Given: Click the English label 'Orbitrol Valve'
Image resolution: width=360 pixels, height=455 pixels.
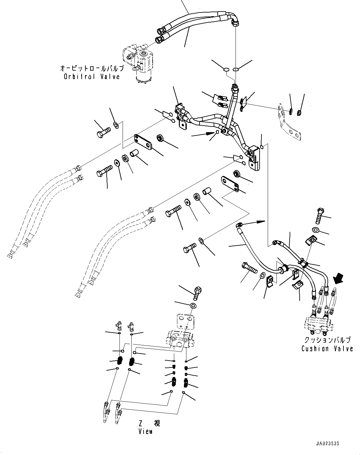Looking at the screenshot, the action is pyautogui.click(x=92, y=76).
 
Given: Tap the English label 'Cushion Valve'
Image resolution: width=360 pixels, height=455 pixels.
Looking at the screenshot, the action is pyautogui.click(x=327, y=348).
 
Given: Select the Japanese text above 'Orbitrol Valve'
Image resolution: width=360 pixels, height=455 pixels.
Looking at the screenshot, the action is pyautogui.click(x=92, y=68).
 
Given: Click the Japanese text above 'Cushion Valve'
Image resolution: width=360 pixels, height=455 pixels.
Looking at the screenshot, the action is pyautogui.click(x=327, y=340).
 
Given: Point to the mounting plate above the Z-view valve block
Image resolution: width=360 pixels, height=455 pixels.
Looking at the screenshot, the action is pyautogui.click(x=185, y=321).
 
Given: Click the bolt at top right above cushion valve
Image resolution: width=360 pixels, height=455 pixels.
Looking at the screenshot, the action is pyautogui.click(x=319, y=216).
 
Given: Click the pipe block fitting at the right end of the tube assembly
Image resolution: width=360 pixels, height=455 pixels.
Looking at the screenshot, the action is pyautogui.click(x=254, y=158).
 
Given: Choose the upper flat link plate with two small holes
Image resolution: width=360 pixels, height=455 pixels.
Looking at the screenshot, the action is pyautogui.click(x=143, y=142).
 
